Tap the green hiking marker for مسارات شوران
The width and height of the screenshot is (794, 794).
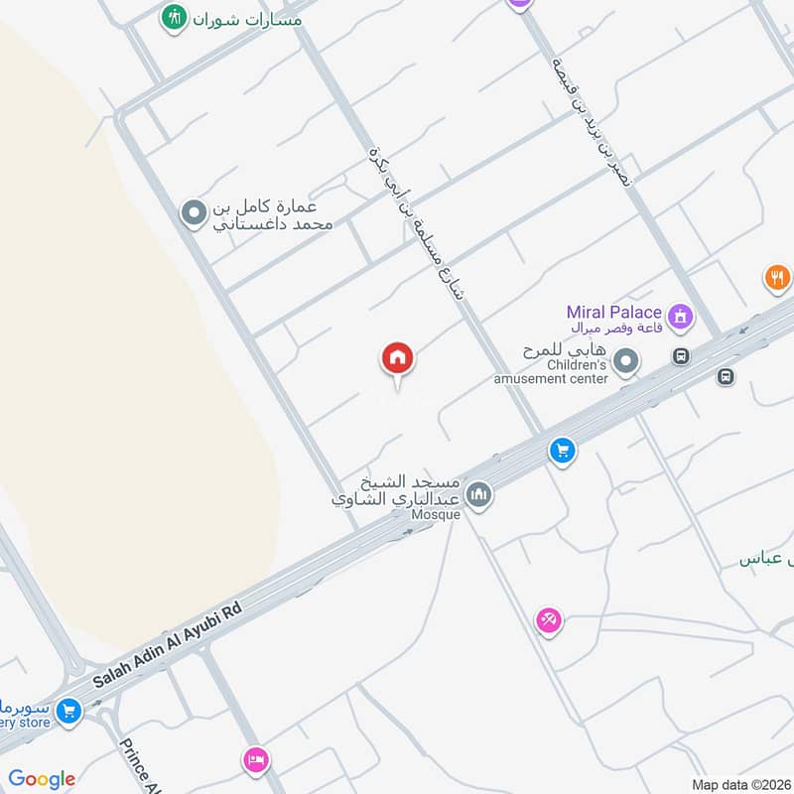pyautogui.click(x=174, y=17)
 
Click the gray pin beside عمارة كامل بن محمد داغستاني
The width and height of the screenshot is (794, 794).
pyautogui.click(x=193, y=212)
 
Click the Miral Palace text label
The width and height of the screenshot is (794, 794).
pyautogui.click(x=615, y=312)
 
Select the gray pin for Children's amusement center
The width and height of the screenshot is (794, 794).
pyautogui.click(x=625, y=363)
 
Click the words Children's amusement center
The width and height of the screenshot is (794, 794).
pyautogui.click(x=552, y=371)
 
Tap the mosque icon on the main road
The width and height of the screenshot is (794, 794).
pyautogui.click(x=478, y=493)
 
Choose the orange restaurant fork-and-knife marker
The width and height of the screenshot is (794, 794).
pyautogui.click(x=777, y=278)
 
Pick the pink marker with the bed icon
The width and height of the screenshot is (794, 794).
pyautogui.click(x=255, y=760)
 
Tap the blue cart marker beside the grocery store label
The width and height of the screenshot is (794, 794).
pyautogui.click(x=67, y=711)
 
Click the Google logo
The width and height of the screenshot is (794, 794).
pyautogui.click(x=42, y=779)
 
